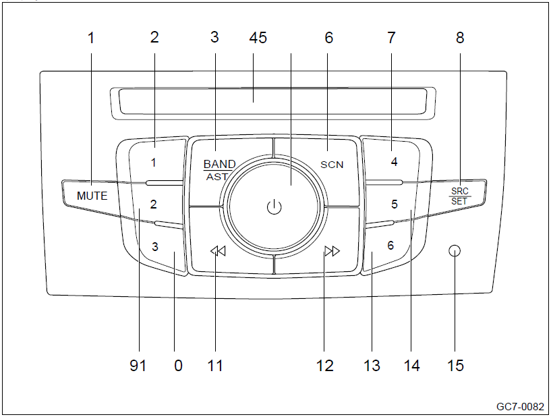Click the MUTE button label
(x=92, y=196)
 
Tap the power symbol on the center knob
(x=273, y=207)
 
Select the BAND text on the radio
(x=220, y=164)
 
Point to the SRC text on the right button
(x=460, y=191)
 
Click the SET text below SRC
(x=460, y=201)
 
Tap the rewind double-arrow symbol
(x=218, y=252)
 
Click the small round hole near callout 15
(x=455, y=252)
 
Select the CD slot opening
(x=272, y=101)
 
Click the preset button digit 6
(x=390, y=246)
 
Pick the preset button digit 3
(x=155, y=246)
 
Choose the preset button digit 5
(x=395, y=204)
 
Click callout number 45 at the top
(x=258, y=38)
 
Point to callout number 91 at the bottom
(x=138, y=366)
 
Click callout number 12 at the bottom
(x=325, y=366)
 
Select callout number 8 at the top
(x=460, y=38)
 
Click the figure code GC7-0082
(x=520, y=407)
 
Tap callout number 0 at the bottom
(x=178, y=366)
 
